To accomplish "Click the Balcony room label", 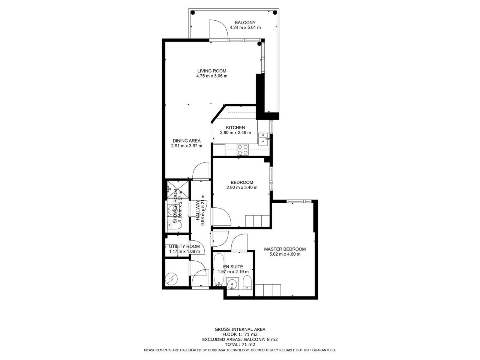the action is tap(245, 22).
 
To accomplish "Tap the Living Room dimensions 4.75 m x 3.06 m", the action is tap(211, 76).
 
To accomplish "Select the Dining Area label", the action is tap(186, 141).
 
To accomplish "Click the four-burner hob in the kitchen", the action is tap(243, 150).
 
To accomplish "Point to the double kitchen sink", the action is tap(264, 139).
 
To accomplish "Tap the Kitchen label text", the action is tap(235, 127).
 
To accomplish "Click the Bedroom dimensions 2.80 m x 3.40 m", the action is tap(242, 187).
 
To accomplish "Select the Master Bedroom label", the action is tap(285, 249).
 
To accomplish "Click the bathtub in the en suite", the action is tap(219, 269).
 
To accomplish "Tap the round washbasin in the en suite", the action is tap(232, 284).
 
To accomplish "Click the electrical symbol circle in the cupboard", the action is tap(171, 279).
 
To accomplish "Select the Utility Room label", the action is tap(184, 246).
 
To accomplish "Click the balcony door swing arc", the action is tap(222, 24).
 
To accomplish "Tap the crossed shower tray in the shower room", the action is tap(178, 189).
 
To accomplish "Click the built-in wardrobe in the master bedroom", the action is tap(268, 290).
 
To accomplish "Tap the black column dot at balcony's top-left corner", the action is tap(192, 12).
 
